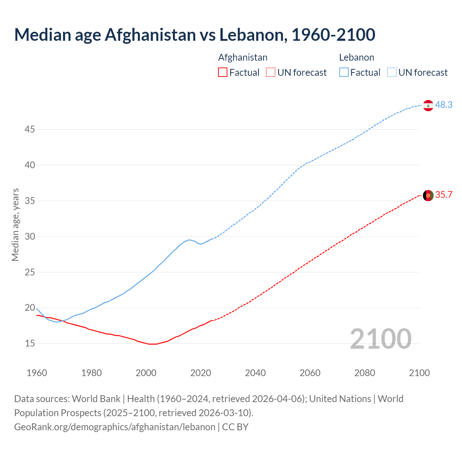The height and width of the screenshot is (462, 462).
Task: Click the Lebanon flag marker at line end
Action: (x=428, y=105)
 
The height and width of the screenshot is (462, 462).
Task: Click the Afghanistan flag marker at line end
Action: (x=428, y=195)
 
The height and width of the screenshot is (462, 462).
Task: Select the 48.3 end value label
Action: (x=444, y=105)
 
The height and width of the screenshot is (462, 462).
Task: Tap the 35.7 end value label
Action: (x=444, y=195)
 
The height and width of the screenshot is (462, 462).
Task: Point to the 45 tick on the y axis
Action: (x=30, y=129)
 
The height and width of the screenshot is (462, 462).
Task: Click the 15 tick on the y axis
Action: (x=30, y=343)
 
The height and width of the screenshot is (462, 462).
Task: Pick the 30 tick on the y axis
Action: (x=30, y=236)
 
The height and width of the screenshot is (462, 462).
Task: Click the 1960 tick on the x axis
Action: (x=37, y=373)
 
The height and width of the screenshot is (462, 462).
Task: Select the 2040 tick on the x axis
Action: (x=255, y=373)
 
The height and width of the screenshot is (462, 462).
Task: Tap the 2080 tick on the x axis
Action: (x=365, y=373)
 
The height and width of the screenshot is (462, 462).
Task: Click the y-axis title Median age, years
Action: (x=15, y=225)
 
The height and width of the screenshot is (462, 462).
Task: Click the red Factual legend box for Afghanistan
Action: (x=223, y=73)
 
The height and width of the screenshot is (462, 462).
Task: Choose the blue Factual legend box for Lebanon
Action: (x=344, y=73)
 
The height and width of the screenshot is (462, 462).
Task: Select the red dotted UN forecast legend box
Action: (x=271, y=73)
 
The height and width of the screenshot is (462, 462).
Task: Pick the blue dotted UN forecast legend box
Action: (x=392, y=73)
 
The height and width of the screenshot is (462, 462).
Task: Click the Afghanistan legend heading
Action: (x=243, y=57)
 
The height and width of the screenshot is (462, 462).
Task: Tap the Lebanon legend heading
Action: (x=356, y=57)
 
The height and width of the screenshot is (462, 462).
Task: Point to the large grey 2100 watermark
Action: (x=380, y=339)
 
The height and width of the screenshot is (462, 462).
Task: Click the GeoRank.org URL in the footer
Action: (x=115, y=427)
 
